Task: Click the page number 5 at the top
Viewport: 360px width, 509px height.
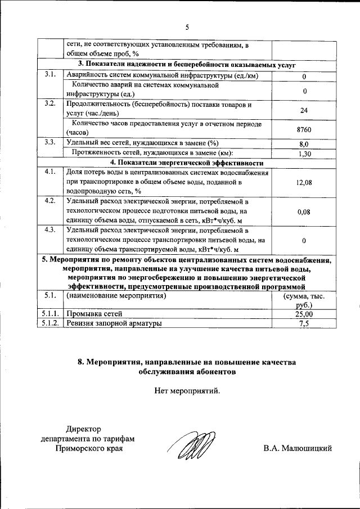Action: [188, 26]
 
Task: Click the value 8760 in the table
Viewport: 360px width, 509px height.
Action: [304, 130]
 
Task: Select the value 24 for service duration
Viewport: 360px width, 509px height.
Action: [304, 110]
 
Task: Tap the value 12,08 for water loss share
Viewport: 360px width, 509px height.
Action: [304, 183]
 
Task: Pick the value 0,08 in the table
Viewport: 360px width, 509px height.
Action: [304, 212]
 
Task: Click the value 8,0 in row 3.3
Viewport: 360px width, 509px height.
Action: [304, 144]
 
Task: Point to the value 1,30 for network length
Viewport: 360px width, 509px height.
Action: [304, 154]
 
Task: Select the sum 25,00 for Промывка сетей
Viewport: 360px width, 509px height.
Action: [304, 314]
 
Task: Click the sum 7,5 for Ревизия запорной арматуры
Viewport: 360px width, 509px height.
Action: [304, 324]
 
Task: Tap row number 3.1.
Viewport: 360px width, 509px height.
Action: [49, 75]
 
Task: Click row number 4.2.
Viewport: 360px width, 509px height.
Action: [49, 201]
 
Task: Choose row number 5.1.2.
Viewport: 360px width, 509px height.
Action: [49, 324]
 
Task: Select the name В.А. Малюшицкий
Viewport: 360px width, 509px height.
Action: [298, 448]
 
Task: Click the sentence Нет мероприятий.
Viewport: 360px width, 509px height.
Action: [187, 390]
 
